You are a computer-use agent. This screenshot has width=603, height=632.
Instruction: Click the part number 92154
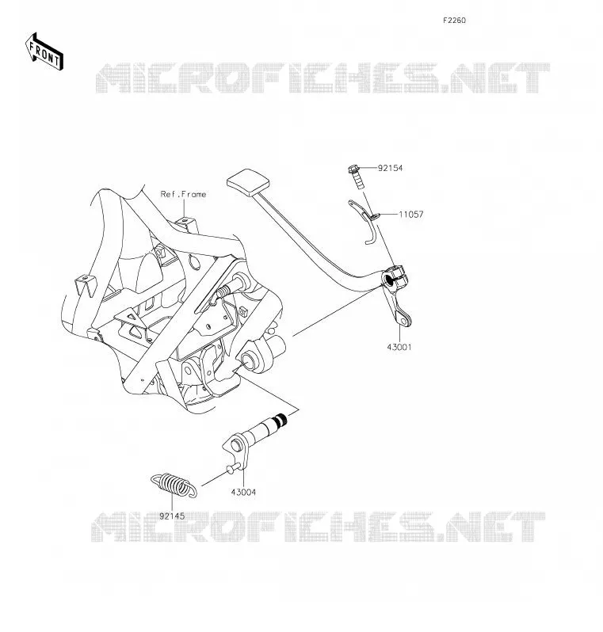tap(390, 168)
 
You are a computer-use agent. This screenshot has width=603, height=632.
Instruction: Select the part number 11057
tap(411, 215)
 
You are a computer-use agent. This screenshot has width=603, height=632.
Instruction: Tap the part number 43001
tap(399, 347)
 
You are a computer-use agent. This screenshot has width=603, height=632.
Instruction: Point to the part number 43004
tap(243, 492)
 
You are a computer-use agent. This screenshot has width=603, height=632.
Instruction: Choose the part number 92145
tap(172, 516)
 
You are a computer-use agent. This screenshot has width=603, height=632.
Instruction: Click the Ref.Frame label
tap(184, 194)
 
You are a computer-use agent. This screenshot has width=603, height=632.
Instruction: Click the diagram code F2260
tap(455, 21)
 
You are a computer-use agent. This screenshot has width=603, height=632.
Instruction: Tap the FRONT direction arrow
tap(44, 52)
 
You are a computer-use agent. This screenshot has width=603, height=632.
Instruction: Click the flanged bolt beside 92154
tap(355, 176)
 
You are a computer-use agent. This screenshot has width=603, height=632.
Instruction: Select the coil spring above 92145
tap(174, 485)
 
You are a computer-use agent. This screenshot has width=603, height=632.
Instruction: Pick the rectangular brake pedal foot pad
tap(248, 182)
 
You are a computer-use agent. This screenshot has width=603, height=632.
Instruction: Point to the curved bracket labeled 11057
tap(364, 221)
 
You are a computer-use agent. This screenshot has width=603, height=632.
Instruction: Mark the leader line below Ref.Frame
tap(184, 209)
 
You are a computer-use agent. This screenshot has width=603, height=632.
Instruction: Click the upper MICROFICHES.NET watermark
tap(322, 78)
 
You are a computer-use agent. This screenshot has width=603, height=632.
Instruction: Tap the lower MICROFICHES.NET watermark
tap(319, 527)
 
